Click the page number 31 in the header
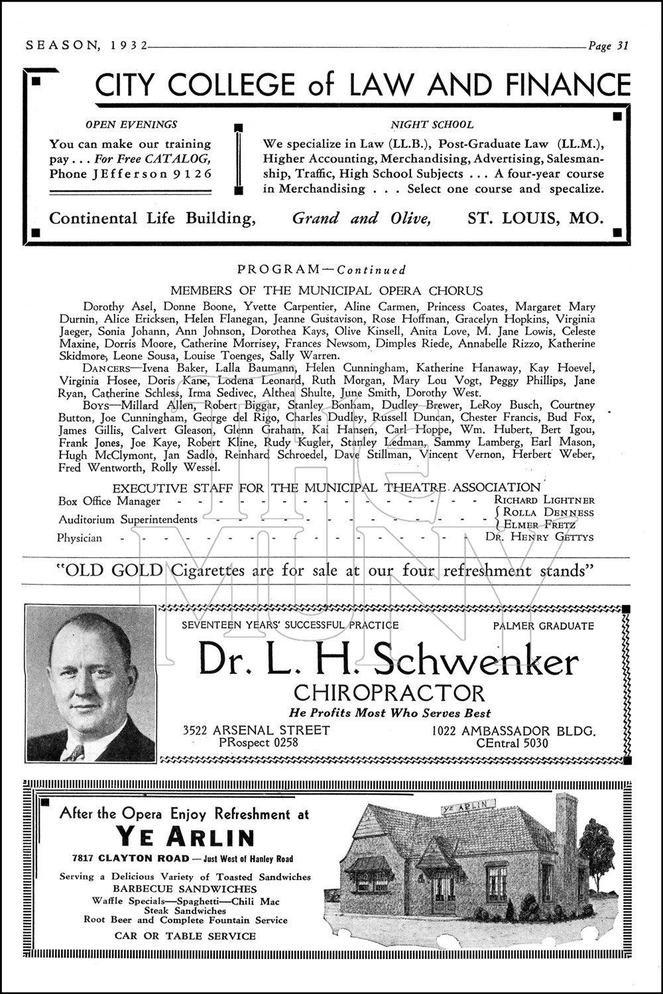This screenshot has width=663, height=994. pos(621,46)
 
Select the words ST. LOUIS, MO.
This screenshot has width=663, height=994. pos(535,218)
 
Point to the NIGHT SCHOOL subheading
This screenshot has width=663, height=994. pos(432,124)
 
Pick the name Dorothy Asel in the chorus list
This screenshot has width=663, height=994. pos(113,307)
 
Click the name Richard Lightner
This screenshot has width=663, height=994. pos(544,500)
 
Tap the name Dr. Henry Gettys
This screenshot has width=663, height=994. pos(539,537)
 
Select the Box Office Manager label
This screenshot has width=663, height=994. pos(109,502)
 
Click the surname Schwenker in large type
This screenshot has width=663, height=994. pos(475,661)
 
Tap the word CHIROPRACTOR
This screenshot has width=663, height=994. pos(389,693)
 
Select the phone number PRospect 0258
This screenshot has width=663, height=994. pos(259,743)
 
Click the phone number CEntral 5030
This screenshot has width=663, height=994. pos(512,743)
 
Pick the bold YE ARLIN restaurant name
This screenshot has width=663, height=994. pos(185,838)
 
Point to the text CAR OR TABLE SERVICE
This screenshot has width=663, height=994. pos(185,936)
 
